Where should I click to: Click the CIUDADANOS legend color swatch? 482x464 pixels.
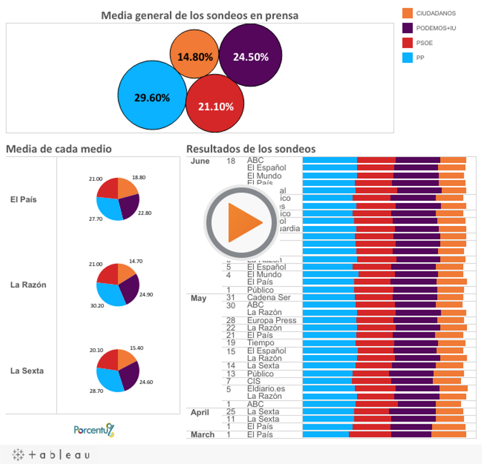[407, 13]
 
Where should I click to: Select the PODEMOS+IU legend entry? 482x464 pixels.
[436, 28]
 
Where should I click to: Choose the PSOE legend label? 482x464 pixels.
[424, 43]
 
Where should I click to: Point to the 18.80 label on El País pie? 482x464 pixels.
[139, 177]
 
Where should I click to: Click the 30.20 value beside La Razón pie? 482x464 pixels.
[97, 306]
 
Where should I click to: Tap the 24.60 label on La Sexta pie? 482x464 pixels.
[146, 382]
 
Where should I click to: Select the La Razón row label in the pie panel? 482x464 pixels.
[28, 285]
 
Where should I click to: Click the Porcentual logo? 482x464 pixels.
[94, 430]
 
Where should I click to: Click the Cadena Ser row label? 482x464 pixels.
[269, 297]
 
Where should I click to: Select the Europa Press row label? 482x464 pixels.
[272, 320]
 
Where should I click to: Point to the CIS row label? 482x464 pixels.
[253, 381]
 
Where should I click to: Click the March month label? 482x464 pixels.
[202, 434]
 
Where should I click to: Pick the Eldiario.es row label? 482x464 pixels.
[266, 389]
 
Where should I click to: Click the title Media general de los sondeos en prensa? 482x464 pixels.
[200, 16]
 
